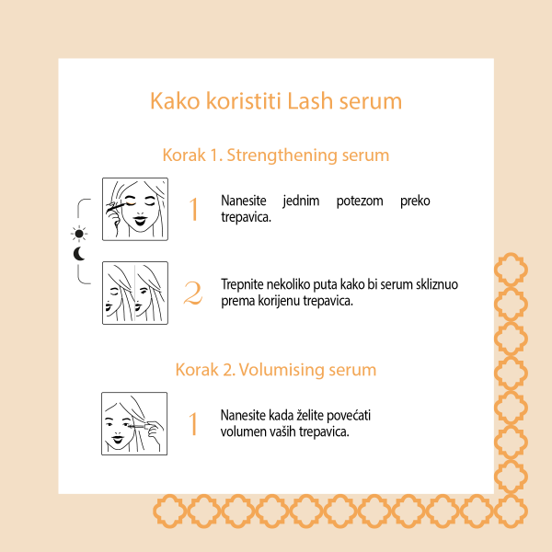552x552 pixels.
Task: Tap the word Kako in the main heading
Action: (x=173, y=100)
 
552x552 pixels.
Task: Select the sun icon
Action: (x=79, y=233)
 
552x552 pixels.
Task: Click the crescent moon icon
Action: (x=79, y=253)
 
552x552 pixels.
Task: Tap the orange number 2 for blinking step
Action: (x=193, y=293)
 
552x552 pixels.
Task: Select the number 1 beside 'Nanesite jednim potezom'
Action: (x=193, y=210)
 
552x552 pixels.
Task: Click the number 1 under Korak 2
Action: (x=193, y=424)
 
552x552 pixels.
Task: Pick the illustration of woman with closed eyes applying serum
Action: (x=134, y=210)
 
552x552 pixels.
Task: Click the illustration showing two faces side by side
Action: (x=134, y=293)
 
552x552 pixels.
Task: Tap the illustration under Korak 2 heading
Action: (x=134, y=423)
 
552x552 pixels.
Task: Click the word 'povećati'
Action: (x=349, y=415)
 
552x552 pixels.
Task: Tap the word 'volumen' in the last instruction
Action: (x=245, y=431)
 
